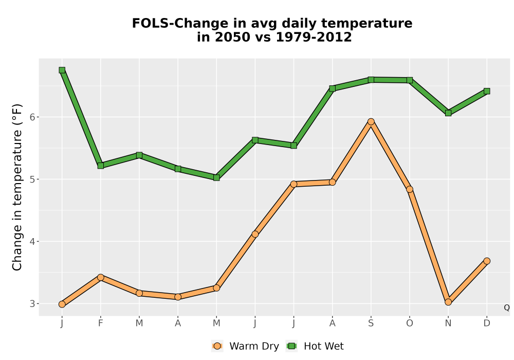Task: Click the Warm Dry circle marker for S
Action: [371, 122]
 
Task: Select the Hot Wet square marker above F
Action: [101, 166]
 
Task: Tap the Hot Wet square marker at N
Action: [448, 113]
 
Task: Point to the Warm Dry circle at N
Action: [448, 302]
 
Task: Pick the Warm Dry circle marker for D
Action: [487, 261]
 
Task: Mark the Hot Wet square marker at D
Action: [487, 91]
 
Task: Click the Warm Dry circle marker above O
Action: [410, 189]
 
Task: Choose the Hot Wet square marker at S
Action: [371, 80]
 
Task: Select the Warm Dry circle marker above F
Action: [101, 277]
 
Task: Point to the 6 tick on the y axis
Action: [32, 117]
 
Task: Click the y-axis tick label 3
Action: [32, 304]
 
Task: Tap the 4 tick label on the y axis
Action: [32, 242]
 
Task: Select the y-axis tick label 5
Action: [32, 179]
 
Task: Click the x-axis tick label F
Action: [101, 323]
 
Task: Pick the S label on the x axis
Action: [371, 323]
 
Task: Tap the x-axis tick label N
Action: [448, 323]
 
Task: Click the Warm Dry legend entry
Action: [245, 346]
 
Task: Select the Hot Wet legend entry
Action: [315, 346]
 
